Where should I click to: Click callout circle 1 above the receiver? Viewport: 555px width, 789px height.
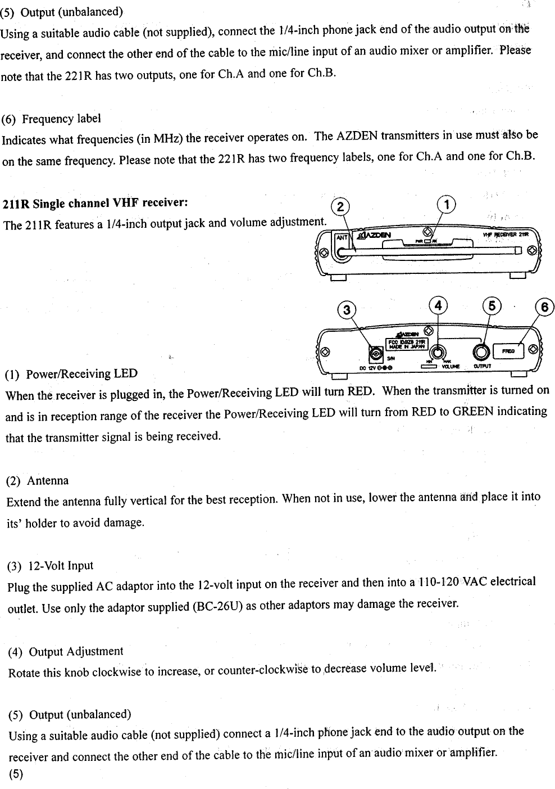pyautogui.click(x=447, y=205)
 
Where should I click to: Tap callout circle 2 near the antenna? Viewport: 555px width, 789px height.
pyautogui.click(x=340, y=207)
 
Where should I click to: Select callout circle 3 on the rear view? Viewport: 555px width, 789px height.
pyautogui.click(x=347, y=310)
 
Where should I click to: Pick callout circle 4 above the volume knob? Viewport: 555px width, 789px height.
pyautogui.click(x=438, y=305)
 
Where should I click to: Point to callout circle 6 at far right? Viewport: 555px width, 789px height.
pyautogui.click(x=545, y=307)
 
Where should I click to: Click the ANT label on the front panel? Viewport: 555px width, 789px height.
pyautogui.click(x=341, y=237)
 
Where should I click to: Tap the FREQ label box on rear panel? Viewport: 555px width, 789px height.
pyautogui.click(x=508, y=351)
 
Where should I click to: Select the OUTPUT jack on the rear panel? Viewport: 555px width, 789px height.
pyautogui.click(x=481, y=351)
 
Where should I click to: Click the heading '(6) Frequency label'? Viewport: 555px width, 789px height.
pyautogui.click(x=52, y=119)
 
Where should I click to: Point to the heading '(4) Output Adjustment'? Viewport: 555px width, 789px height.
pyautogui.click(x=66, y=651)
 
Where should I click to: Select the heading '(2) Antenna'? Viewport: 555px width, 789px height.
pyautogui.click(x=38, y=481)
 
